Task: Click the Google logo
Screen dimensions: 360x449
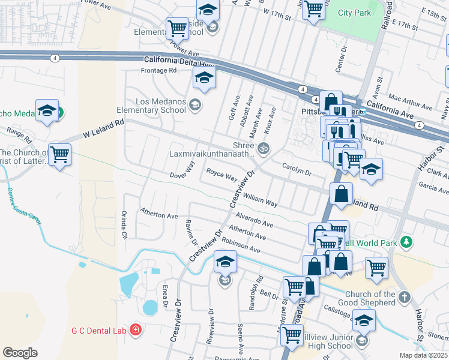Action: coord(20,353)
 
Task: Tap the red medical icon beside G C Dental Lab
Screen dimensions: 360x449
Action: coord(137,329)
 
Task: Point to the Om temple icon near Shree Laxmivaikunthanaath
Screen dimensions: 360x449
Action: coord(262,148)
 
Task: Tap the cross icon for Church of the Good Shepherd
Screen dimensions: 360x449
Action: coord(405,298)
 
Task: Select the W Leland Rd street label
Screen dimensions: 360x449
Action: coord(103,129)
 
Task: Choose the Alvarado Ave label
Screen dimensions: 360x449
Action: coord(255,219)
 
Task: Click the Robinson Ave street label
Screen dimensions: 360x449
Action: coord(240,245)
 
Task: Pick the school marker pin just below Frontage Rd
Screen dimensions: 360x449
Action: coord(204,78)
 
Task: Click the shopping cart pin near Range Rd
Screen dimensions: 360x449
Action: coord(59,155)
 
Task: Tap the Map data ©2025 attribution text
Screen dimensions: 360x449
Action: coord(423,355)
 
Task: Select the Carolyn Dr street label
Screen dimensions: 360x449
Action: coord(298,172)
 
